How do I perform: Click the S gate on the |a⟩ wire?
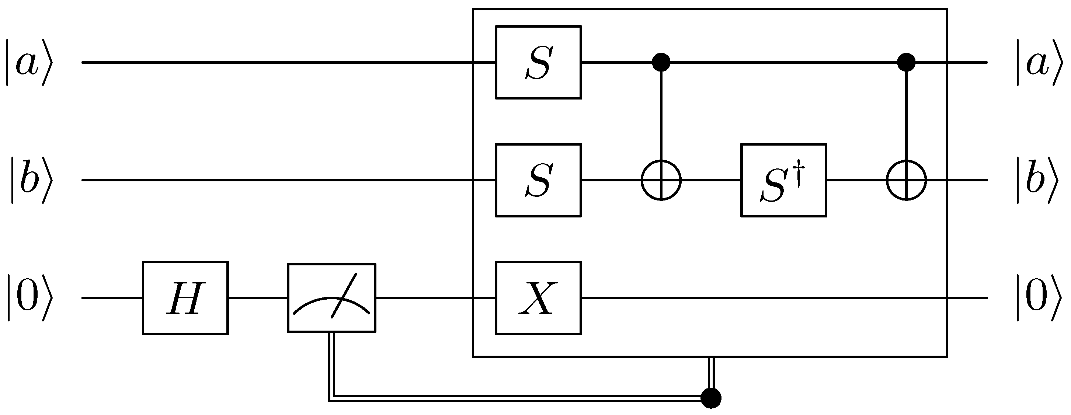[538, 62]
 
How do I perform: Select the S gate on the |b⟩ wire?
[538, 180]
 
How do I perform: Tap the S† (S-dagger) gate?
[783, 180]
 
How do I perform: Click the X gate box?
[538, 298]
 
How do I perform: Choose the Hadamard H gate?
[185, 298]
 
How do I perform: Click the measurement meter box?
[331, 298]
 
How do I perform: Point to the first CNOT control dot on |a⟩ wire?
[661, 62]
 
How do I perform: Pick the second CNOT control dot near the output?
[906, 62]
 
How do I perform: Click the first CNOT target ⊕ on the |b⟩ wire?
[661, 180]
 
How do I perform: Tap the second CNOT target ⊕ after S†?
[906, 180]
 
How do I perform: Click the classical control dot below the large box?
[710, 398]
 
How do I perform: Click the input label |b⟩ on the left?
[31, 180]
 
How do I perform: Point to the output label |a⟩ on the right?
[1039, 62]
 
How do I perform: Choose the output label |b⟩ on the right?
[1039, 180]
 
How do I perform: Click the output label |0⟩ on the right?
[1039, 298]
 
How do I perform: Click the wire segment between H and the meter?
[258, 298]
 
